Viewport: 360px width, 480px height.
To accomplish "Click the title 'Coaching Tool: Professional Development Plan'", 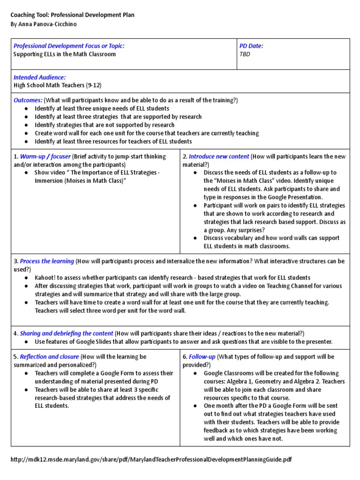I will tap(72, 15).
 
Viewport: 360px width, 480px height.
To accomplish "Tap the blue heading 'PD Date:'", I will tap(251, 46).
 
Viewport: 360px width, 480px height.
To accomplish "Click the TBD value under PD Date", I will tap(245, 54).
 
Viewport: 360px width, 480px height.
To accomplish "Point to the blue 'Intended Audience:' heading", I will tap(39, 77).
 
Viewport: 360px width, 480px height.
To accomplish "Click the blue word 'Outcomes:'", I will tap(28, 100).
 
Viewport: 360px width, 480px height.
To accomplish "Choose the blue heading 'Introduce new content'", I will tap(218, 157).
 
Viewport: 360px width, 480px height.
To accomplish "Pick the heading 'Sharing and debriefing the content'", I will tap(67, 333).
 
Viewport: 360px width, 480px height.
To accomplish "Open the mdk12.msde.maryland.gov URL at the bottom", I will tap(151, 459).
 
